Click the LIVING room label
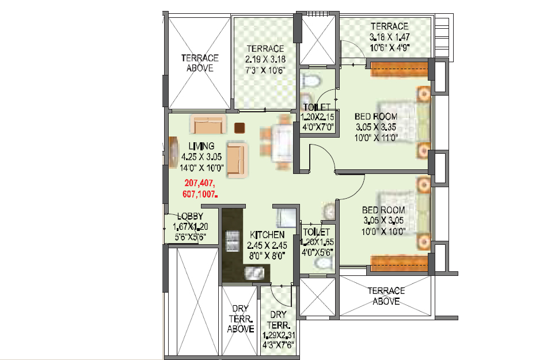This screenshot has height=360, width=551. (x=202, y=146)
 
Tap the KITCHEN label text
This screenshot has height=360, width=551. (x=267, y=234)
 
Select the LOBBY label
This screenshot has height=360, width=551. (x=190, y=216)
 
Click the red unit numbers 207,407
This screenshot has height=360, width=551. (x=200, y=183)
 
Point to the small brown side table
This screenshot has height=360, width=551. (x=240, y=128)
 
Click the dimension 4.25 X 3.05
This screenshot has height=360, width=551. (x=202, y=157)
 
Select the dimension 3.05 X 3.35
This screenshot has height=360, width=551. (x=376, y=127)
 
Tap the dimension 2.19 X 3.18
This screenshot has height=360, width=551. (x=265, y=59)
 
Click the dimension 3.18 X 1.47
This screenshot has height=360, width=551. (x=389, y=37)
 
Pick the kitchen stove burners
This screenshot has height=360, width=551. (x=232, y=241)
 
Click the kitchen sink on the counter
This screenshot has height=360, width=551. (x=254, y=272)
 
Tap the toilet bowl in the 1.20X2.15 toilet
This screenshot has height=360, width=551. (x=311, y=81)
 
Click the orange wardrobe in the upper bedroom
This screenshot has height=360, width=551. (x=400, y=69)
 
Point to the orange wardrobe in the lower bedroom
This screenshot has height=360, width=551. (x=400, y=263)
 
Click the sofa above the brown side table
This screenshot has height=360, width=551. (x=207, y=124)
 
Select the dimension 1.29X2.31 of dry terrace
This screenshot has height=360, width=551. (x=278, y=335)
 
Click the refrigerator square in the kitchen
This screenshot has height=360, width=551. (x=286, y=218)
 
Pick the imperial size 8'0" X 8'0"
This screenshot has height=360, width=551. (x=267, y=256)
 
